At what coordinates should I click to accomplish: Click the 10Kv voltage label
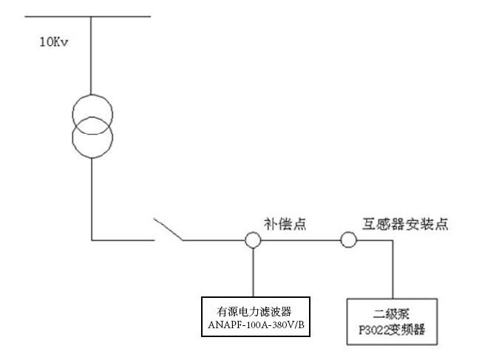[54, 41]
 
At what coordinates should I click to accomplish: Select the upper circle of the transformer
[92, 112]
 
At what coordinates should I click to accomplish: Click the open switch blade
[168, 229]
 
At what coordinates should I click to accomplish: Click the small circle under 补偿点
[253, 240]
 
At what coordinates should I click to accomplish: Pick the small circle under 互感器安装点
[348, 240]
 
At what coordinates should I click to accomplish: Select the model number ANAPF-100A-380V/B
[253, 325]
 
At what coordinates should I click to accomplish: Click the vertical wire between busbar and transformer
[92, 55]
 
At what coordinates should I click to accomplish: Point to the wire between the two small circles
[300, 240]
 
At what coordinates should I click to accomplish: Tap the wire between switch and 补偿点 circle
[214, 240]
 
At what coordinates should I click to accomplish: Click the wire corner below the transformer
[92, 240]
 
